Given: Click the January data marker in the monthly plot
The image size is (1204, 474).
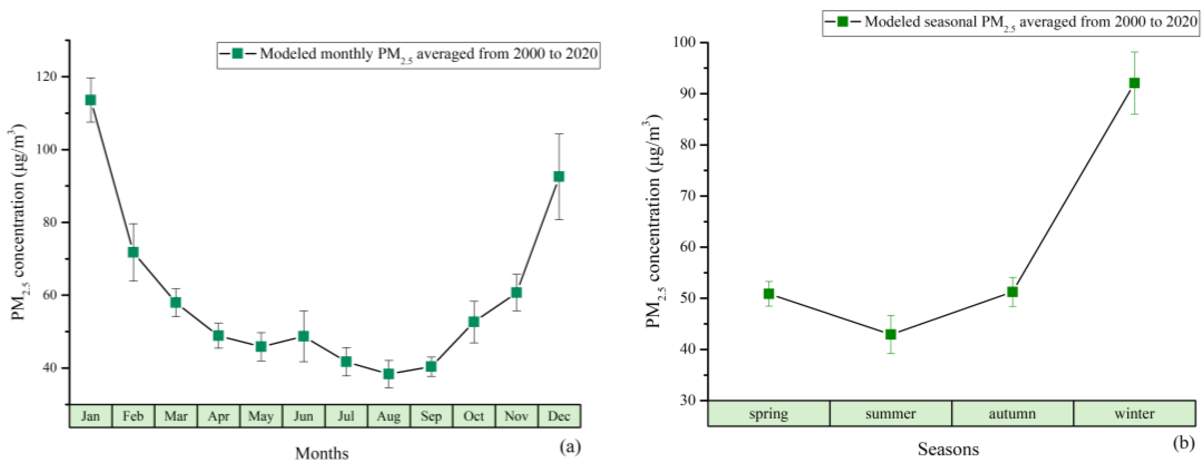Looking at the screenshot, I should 91,100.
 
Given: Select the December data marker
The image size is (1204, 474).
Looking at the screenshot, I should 559,176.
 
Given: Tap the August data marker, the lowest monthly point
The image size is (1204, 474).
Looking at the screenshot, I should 388,374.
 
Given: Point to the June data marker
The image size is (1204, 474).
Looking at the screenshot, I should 303,336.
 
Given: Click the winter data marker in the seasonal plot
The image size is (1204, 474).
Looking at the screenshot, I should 1134,83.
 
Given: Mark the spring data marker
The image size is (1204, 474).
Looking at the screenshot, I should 769,294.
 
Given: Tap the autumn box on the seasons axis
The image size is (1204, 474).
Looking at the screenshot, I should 1012,414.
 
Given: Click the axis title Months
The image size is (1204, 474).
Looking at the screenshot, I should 322,453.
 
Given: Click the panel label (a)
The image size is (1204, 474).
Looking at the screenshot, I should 570,447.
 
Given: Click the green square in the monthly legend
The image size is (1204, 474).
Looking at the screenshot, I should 237,53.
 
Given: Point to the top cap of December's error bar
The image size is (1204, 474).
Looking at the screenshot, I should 559,134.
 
